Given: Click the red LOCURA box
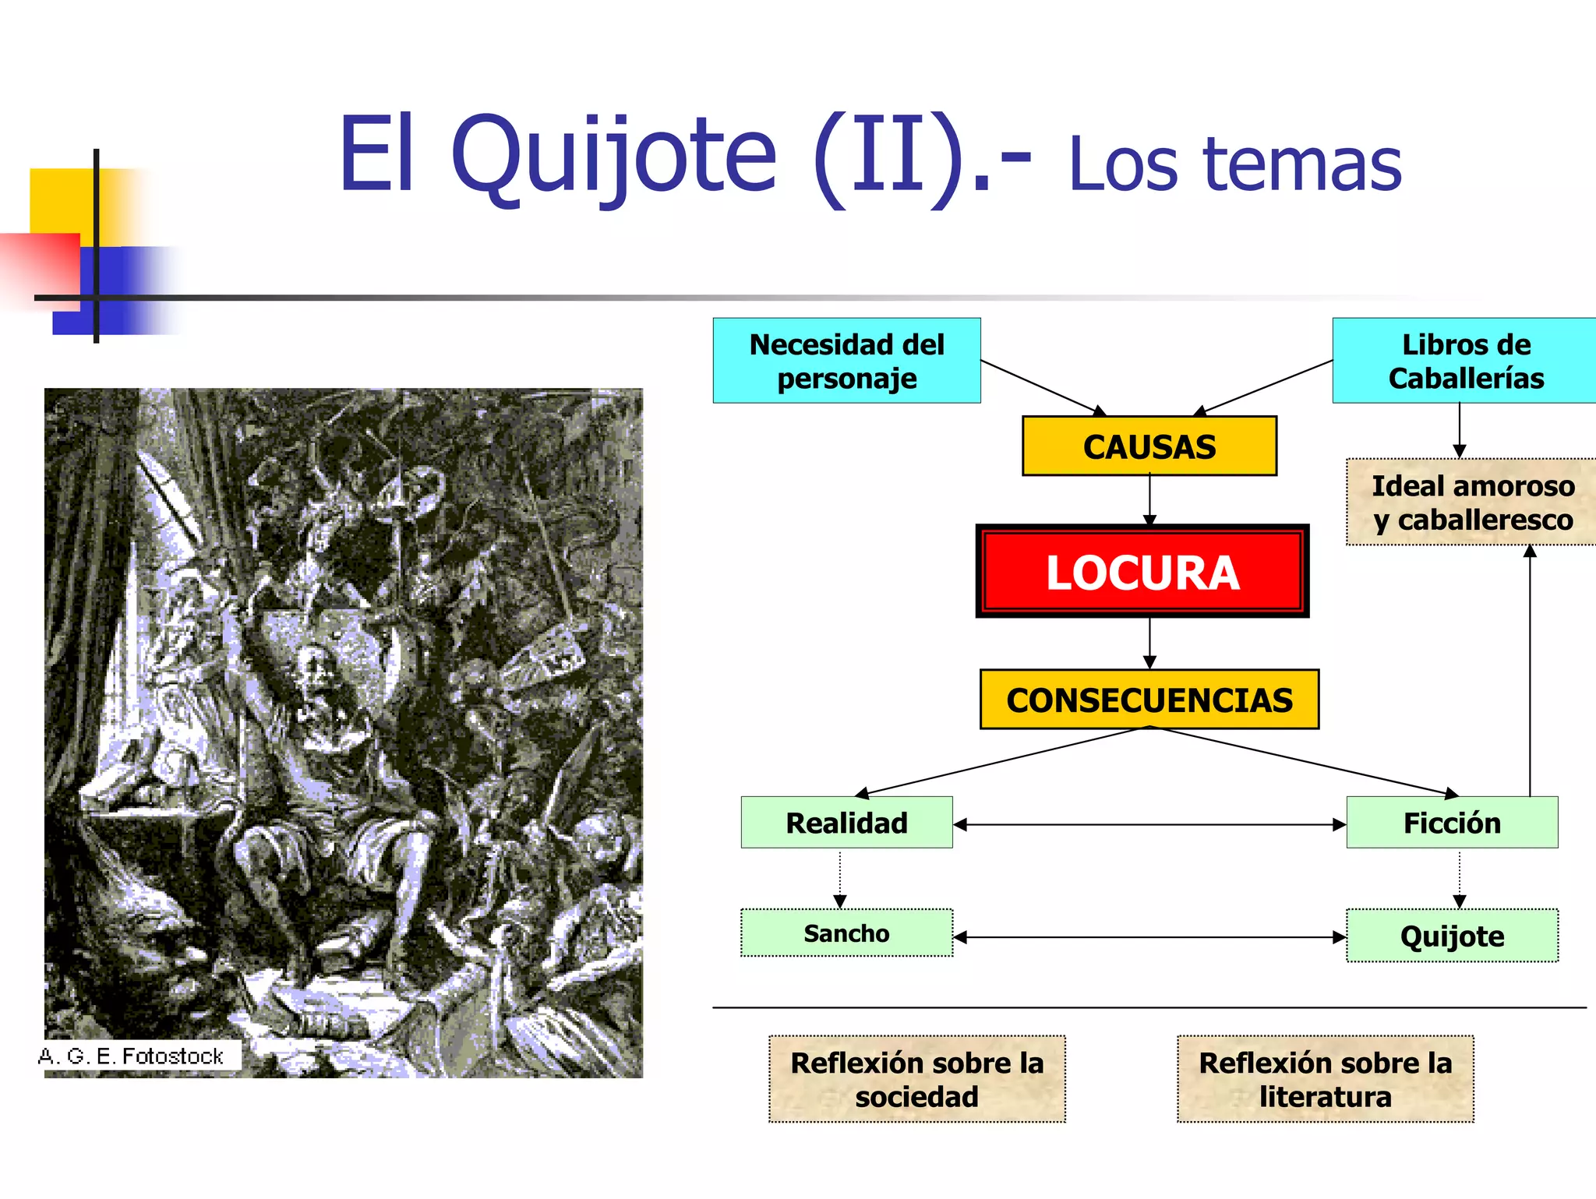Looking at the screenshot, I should (x=1142, y=572).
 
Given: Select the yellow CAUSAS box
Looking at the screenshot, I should (x=1149, y=446).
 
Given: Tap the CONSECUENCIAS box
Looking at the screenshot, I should (x=1149, y=700).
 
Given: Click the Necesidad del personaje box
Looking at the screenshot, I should (x=846, y=361).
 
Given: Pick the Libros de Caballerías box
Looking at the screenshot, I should (x=1465, y=361).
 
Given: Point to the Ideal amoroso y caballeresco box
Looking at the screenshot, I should (x=1471, y=503).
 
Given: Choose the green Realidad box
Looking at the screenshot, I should (x=846, y=823).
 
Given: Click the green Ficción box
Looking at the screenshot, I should (x=1451, y=823).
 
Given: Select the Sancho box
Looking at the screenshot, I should (x=846, y=933).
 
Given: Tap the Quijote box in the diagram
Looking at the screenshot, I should (x=1451, y=936).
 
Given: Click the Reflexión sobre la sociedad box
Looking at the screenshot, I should (x=916, y=1079).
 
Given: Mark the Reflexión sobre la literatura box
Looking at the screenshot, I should (x=1325, y=1079).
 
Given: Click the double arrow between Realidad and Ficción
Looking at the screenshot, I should (x=1149, y=824).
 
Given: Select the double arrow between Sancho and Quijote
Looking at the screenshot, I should (x=1149, y=937).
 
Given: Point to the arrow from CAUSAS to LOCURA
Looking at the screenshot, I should (x=1149, y=500).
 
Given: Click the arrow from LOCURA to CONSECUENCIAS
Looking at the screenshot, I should (x=1149, y=644).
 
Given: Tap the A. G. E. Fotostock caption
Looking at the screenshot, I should (x=131, y=1056).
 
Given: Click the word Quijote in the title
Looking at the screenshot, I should (x=613, y=156).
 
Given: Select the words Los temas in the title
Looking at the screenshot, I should (x=1234, y=165).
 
